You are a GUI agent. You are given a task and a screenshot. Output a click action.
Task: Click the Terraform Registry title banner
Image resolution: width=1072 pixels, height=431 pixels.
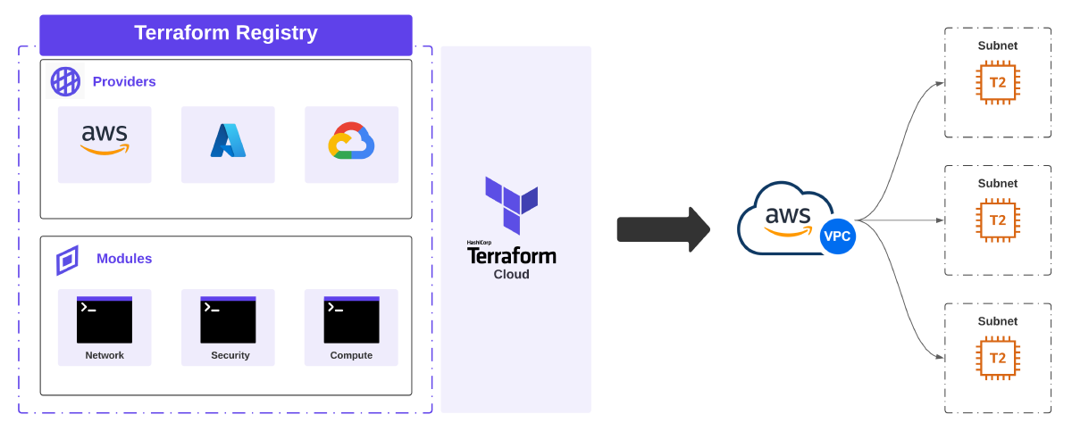tap(225, 34)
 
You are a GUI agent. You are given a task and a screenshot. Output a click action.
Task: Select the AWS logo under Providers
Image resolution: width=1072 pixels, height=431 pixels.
tap(105, 139)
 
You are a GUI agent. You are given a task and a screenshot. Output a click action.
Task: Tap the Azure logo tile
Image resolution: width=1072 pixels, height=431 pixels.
tap(228, 141)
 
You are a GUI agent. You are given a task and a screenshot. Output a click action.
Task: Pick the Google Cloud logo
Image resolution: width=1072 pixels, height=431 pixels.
tap(350, 141)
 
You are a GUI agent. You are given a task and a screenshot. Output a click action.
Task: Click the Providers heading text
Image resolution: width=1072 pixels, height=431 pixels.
tap(124, 82)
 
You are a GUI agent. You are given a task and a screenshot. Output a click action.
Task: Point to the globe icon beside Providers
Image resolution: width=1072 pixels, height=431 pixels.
tap(65, 82)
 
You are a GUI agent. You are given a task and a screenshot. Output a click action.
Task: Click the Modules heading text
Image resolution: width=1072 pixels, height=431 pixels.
tap(124, 259)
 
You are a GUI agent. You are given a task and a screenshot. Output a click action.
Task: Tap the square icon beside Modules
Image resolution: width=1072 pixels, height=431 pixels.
tap(67, 261)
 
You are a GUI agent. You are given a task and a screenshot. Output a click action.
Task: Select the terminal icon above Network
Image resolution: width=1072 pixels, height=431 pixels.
tap(105, 319)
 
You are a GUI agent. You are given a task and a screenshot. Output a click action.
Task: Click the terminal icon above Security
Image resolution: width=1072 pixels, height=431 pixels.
tap(228, 319)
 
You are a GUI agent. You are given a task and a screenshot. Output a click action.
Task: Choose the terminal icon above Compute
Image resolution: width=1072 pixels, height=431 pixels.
tap(351, 319)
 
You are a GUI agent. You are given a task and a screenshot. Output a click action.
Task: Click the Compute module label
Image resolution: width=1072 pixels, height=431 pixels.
tap(351, 355)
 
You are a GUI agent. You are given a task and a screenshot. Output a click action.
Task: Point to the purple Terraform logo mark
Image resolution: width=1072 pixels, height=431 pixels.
tap(511, 203)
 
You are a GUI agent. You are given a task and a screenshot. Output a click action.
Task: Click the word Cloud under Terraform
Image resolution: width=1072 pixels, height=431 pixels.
tap(511, 275)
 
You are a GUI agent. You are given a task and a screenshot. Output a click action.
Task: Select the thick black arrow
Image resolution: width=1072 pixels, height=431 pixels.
tap(662, 229)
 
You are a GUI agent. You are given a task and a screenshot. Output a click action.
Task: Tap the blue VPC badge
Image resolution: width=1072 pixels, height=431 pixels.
tap(837, 236)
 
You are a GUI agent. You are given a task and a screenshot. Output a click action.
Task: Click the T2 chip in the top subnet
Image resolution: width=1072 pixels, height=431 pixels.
tap(998, 83)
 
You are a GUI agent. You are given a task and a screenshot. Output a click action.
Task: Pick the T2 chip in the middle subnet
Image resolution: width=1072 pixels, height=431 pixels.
tap(998, 220)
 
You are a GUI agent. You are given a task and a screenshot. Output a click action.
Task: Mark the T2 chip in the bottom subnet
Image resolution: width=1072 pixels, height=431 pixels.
tap(998, 358)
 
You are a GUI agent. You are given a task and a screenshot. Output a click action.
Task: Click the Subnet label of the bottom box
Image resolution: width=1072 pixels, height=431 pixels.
tap(998, 321)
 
